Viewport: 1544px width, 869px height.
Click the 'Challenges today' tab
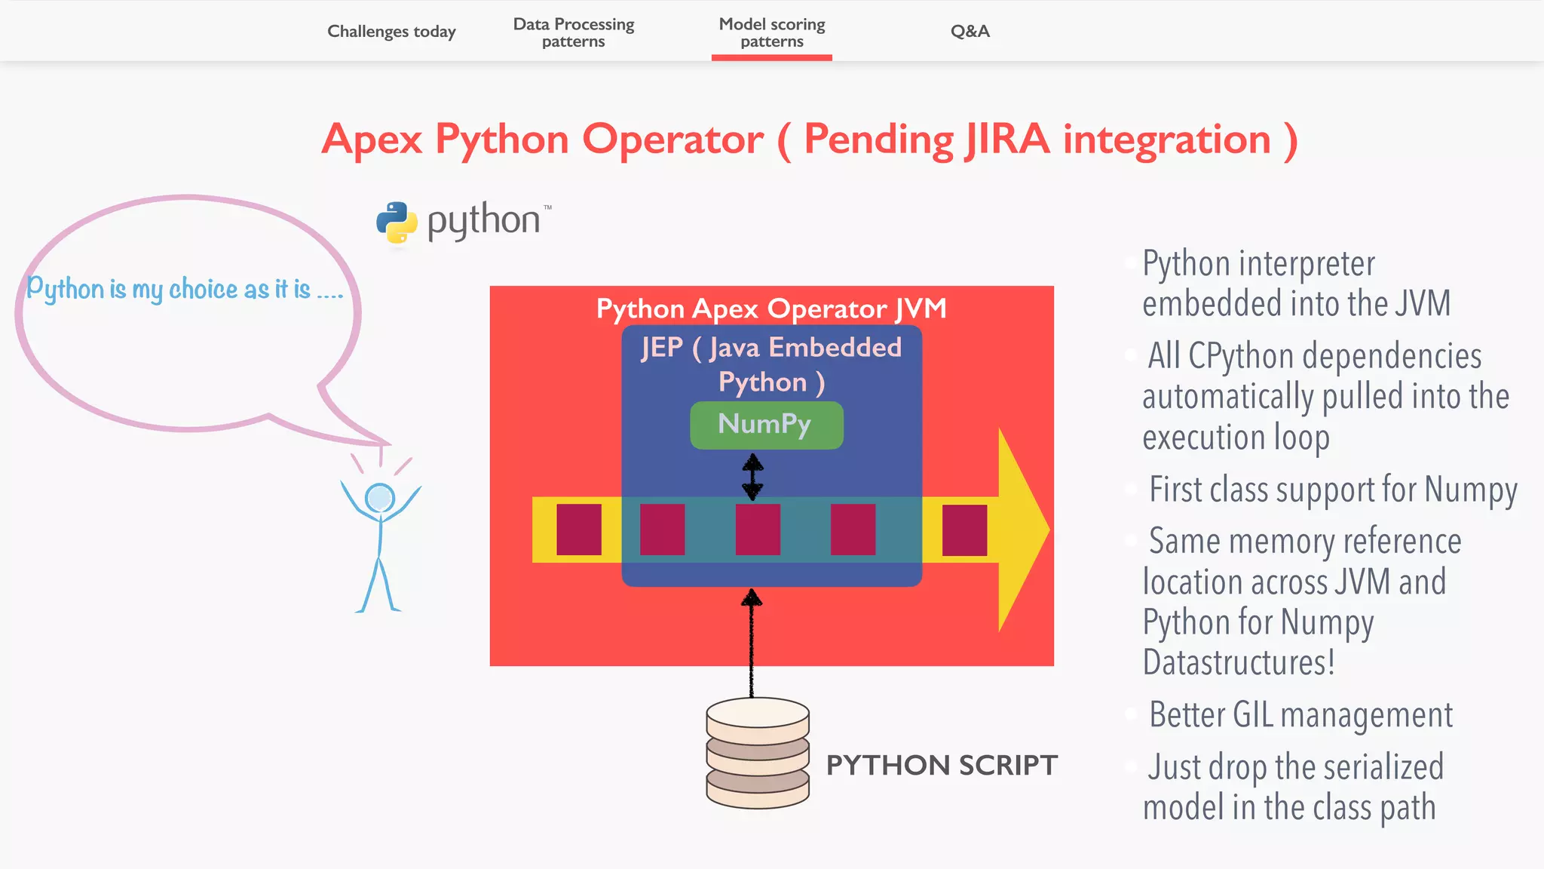pos(391,32)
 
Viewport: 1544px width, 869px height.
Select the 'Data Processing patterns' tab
pos(574,32)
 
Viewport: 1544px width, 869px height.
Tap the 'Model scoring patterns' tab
pos(772,32)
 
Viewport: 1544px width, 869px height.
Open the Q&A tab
pos(970,32)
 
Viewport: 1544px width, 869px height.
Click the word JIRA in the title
pos(1007,140)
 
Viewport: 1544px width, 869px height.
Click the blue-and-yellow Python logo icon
pos(397,223)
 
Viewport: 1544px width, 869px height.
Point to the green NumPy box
pos(766,425)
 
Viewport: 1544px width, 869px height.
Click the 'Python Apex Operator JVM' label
pos(771,309)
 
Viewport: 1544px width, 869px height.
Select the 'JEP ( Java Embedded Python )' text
pos(771,364)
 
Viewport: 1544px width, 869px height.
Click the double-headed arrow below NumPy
pos(752,476)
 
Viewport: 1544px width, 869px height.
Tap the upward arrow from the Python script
pos(751,641)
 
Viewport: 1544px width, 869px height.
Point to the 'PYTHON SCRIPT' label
pos(942,765)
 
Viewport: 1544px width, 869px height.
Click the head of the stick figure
pos(380,498)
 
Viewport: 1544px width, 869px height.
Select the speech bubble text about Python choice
pos(185,290)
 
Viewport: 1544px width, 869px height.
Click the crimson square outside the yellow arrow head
pos(964,530)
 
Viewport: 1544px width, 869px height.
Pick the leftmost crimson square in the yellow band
pos(579,530)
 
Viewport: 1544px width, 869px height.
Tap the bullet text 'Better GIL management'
pos(1300,714)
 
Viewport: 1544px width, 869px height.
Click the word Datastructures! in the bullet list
pos(1239,662)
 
